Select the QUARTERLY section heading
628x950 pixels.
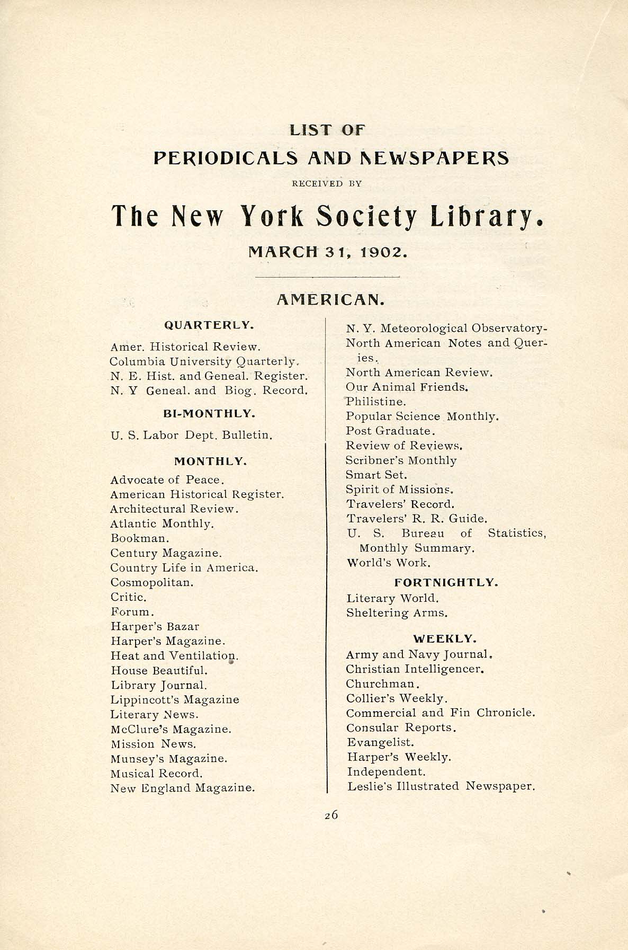pos(209,325)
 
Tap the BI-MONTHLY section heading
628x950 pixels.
pos(210,413)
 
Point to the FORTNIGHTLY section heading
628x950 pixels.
pos(446,582)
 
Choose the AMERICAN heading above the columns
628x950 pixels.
pos(330,300)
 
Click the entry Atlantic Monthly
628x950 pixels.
pos(162,523)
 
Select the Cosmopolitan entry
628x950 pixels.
pos(152,582)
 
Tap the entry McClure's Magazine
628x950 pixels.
pos(171,729)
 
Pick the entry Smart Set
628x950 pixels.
pos(376,475)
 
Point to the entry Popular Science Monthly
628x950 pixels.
pos(422,416)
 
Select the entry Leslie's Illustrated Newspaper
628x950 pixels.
pos(441,786)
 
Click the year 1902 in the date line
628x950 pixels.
pos(383,252)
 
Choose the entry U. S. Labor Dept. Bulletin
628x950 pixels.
pos(192,436)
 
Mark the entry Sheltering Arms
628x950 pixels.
pos(397,613)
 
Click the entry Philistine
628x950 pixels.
pos(376,402)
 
